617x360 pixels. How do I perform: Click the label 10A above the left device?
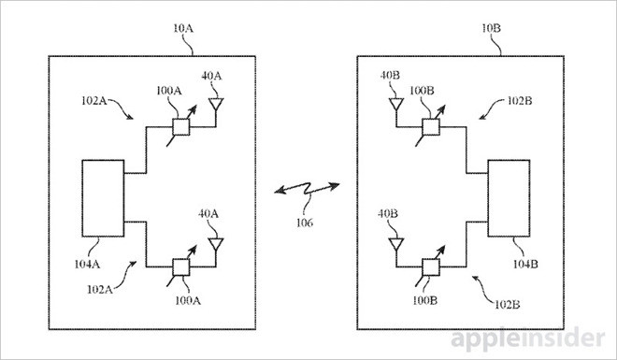183,28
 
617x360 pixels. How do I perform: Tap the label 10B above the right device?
492,28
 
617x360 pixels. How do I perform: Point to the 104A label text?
87,264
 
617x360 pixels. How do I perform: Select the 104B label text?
525,264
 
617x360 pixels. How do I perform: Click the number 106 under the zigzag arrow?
305,223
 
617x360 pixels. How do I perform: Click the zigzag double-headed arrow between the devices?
307,189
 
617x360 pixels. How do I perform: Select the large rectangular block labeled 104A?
103,198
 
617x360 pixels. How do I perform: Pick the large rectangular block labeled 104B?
509,198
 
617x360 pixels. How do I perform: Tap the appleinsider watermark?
527,339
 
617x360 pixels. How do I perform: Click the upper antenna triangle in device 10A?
216,104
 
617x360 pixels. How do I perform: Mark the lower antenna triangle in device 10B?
396,244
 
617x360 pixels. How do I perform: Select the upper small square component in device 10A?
181,126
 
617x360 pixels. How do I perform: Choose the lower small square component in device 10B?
431,267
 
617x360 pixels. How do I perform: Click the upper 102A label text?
94,101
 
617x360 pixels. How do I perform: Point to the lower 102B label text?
507,305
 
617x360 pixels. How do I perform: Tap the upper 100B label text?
422,91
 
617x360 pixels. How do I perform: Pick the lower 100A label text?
188,301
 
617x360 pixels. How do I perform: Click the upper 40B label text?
390,76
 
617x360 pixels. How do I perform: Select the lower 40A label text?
208,214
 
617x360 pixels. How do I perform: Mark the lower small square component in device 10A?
181,267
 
